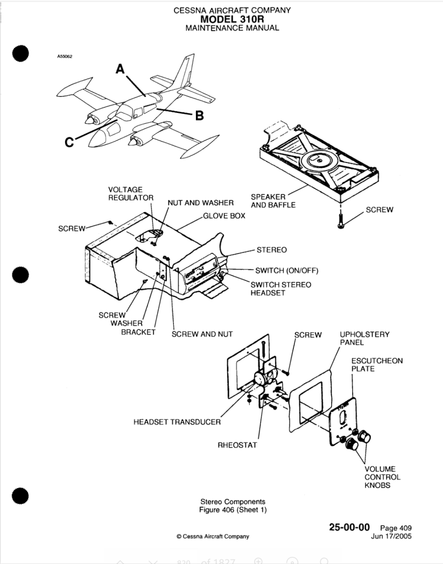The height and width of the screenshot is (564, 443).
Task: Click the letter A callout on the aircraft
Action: coord(121,69)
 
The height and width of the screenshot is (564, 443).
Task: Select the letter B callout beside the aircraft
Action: coord(200,116)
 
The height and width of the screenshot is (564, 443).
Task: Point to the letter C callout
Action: coord(69,142)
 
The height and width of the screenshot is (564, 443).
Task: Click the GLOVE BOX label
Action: coord(224,216)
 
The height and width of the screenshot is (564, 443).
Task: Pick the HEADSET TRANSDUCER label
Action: coord(177,422)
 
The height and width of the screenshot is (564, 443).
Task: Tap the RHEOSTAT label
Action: coord(237,445)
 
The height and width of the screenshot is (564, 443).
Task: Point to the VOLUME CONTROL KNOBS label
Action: coord(382,478)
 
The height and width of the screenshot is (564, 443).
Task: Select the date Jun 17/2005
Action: coord(391,536)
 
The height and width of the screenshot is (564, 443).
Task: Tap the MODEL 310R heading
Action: coord(232,19)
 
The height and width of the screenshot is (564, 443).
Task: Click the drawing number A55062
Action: coord(65,56)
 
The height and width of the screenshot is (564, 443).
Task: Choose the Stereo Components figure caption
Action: coord(232,506)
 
